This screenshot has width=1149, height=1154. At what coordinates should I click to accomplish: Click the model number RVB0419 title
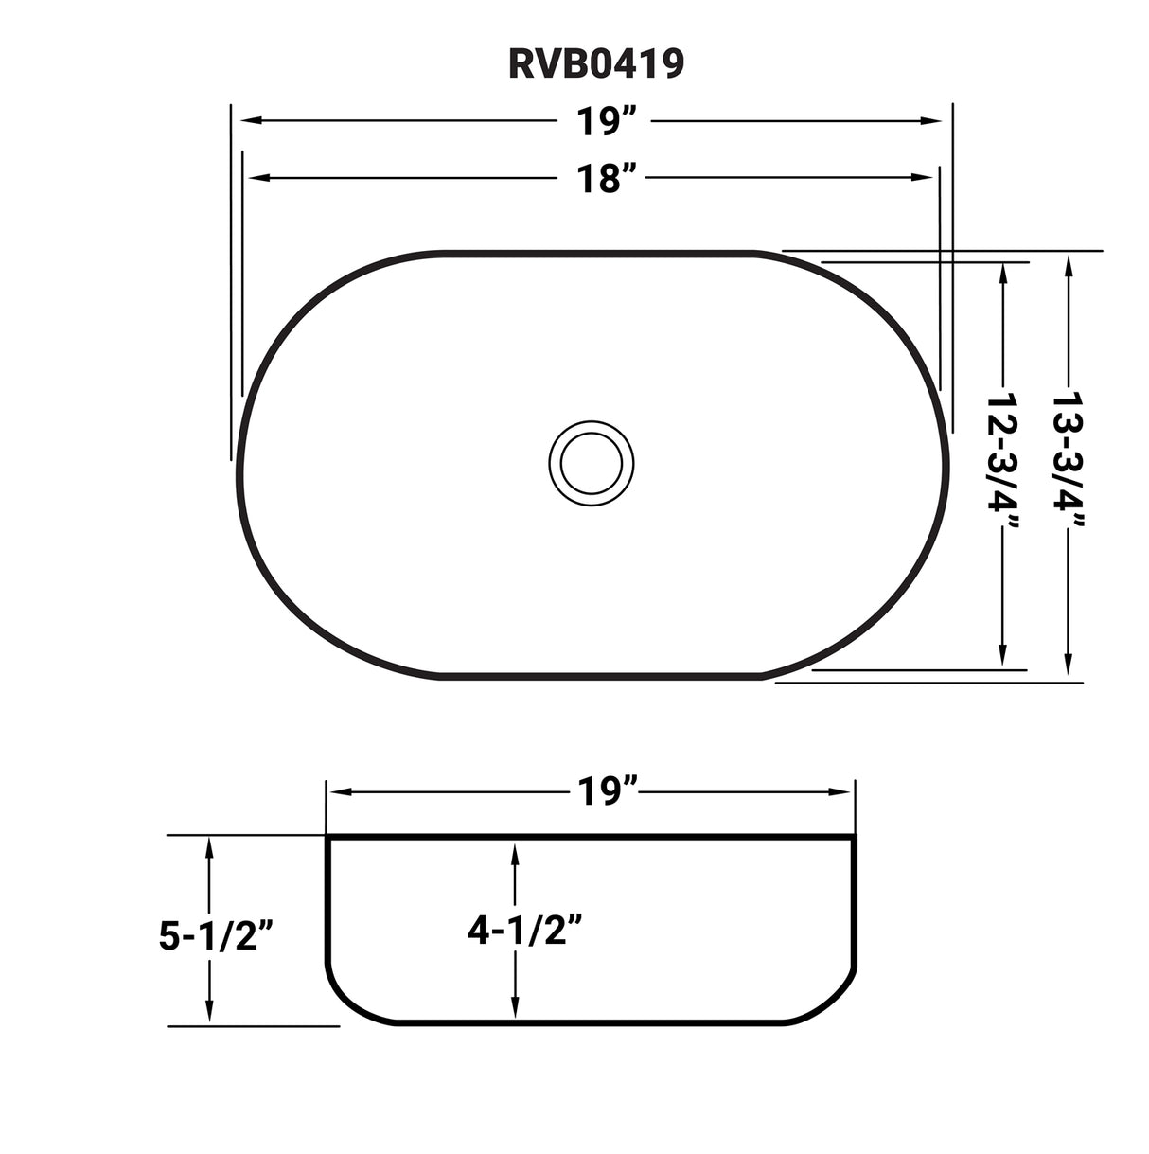pos(595,63)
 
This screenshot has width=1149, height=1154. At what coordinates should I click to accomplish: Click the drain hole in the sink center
pos(592,463)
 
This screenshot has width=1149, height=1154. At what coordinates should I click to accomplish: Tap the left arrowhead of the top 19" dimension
pos(249,121)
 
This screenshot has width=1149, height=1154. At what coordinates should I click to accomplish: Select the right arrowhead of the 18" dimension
pos(925,177)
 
